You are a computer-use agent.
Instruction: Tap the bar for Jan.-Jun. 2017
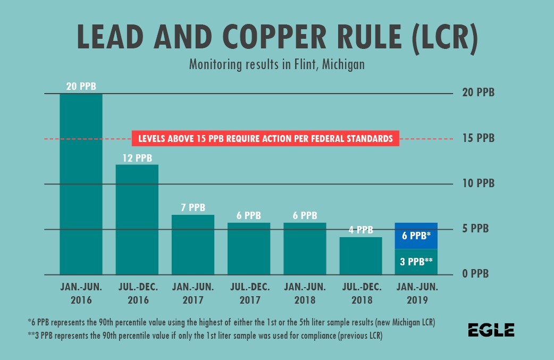click(192, 245)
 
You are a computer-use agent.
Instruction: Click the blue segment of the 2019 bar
click(416, 236)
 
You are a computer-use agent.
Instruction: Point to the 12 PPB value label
click(137, 158)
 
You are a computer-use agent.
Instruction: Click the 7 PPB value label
click(192, 208)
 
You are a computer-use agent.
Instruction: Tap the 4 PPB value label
click(360, 230)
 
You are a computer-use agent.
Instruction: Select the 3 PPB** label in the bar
click(416, 261)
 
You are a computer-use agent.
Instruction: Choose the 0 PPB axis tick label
click(476, 274)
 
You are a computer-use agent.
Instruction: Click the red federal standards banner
click(265, 139)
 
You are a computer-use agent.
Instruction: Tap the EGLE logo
click(491, 330)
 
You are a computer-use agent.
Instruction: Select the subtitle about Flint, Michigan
click(276, 65)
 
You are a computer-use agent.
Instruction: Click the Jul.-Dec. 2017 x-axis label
click(249, 293)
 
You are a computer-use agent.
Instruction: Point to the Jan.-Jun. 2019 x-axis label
click(416, 293)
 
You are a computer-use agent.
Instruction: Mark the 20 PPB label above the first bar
click(81, 86)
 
